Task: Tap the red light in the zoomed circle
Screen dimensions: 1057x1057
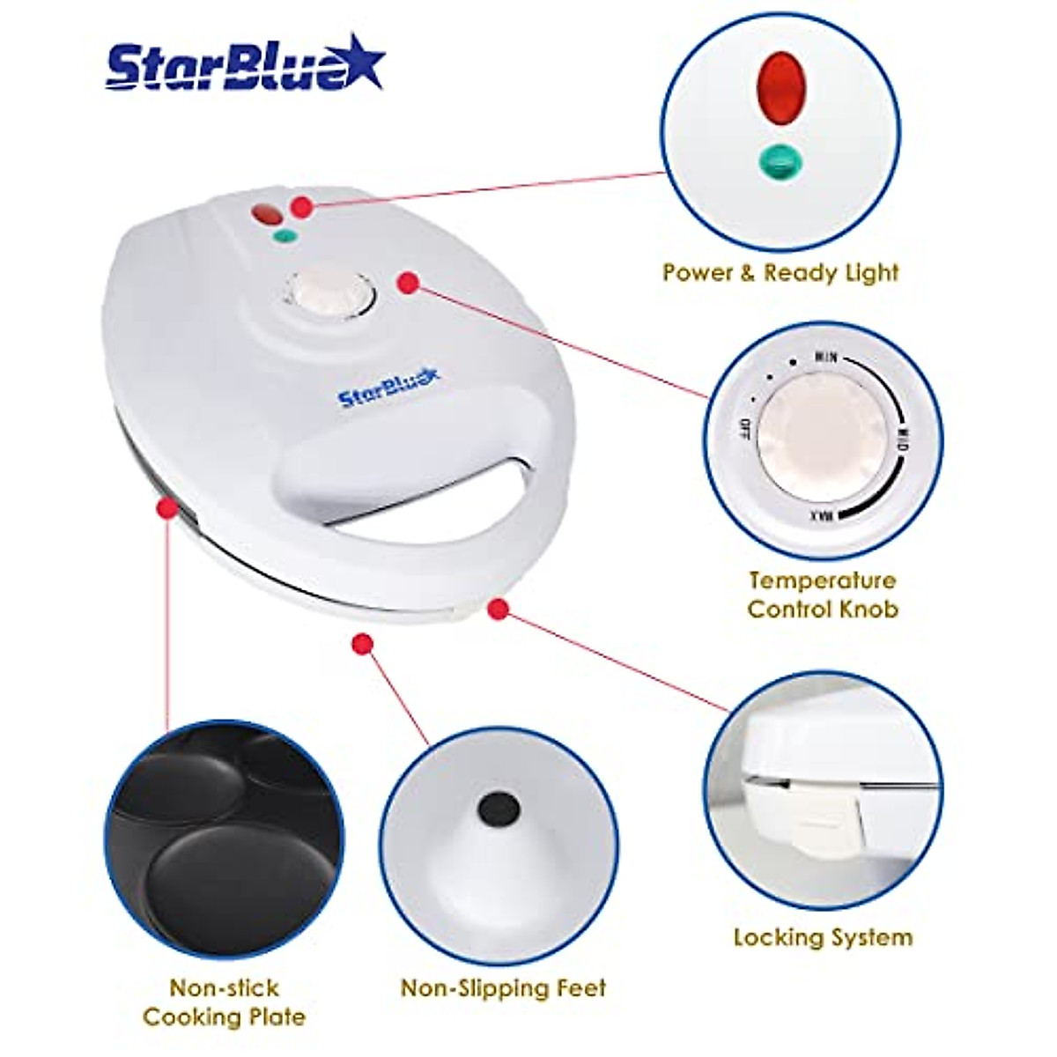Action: (781, 87)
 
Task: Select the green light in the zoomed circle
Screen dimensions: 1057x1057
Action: (781, 160)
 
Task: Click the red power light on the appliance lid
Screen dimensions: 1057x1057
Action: (265, 213)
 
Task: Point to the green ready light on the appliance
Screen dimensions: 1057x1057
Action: (285, 236)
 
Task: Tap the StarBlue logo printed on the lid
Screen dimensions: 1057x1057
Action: (388, 387)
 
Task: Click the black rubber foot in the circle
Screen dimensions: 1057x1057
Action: (498, 806)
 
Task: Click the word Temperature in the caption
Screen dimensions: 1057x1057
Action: (823, 580)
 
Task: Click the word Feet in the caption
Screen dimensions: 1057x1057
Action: (579, 988)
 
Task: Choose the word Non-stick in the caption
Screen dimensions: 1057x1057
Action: (224, 988)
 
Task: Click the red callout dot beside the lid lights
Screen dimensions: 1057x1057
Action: (302, 208)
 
